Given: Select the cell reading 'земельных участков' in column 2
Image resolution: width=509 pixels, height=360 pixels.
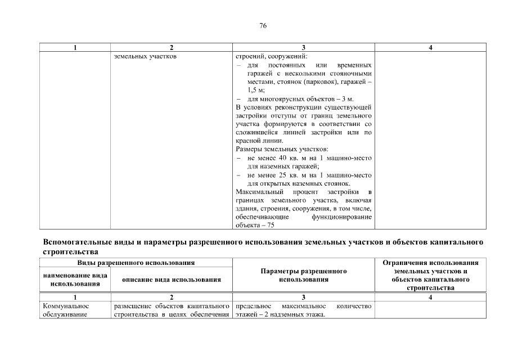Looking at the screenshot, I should (x=146, y=57).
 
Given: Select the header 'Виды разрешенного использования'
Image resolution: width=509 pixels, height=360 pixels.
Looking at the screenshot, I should (x=136, y=263).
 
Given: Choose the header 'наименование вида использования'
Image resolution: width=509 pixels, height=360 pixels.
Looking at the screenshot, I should (x=75, y=280).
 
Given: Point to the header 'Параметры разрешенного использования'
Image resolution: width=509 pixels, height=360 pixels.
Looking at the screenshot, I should (x=303, y=275).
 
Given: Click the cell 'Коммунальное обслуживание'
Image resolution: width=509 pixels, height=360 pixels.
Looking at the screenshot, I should (x=66, y=310).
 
